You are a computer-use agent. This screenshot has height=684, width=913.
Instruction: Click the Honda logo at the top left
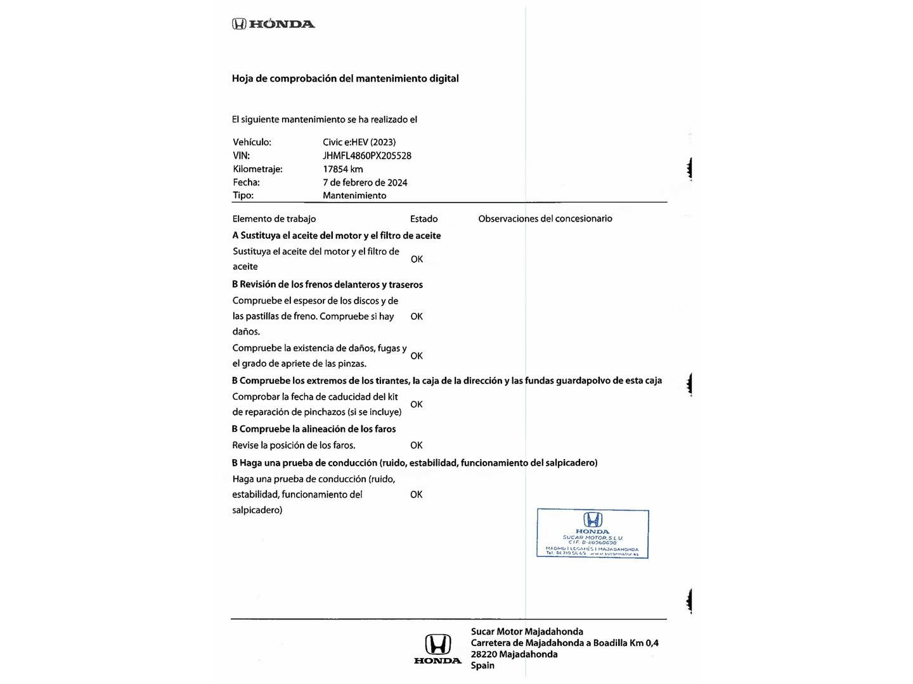(273, 24)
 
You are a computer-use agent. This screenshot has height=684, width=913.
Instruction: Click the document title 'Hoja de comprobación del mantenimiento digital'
(345, 79)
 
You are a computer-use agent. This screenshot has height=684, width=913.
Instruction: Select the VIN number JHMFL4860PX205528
(366, 156)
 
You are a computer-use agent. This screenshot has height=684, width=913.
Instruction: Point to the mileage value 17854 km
(342, 169)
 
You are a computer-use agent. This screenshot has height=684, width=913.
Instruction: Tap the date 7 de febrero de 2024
(365, 182)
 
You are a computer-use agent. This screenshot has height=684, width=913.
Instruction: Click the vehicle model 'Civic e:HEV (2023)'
(359, 142)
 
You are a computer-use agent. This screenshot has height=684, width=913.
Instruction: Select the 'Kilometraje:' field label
(257, 169)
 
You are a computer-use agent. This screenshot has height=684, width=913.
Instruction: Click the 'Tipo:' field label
(243, 195)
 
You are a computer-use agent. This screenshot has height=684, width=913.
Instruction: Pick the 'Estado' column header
(424, 218)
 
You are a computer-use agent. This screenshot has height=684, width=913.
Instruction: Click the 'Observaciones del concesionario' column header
(545, 218)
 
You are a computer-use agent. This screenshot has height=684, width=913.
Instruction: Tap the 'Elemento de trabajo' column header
(274, 218)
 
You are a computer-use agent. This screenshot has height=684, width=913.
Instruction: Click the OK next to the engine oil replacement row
(417, 259)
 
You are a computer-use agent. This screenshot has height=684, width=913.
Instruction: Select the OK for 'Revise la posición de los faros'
(416, 445)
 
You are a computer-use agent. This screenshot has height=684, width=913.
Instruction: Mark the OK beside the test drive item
(416, 495)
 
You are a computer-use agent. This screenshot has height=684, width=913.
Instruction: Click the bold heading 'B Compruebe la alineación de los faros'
(314, 429)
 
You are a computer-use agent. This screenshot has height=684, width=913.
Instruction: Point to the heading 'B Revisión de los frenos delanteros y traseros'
(327, 284)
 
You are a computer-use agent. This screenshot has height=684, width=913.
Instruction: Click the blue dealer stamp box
(593, 533)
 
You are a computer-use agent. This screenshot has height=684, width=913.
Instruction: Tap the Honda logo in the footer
(437, 649)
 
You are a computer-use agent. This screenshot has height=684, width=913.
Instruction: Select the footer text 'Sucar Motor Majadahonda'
(527, 631)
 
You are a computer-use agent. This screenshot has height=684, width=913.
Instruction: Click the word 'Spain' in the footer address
(482, 665)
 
